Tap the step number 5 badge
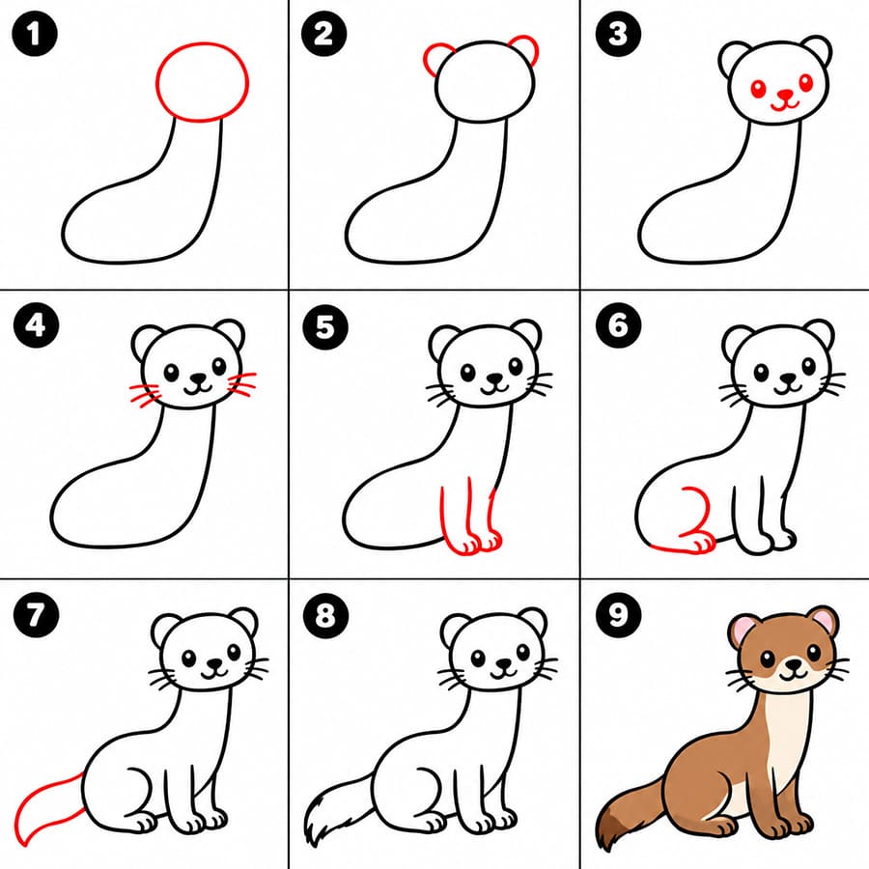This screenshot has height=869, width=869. [325, 326]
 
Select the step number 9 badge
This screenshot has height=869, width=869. [619, 614]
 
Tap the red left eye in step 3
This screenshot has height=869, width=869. [758, 89]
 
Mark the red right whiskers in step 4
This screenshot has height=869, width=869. [242, 384]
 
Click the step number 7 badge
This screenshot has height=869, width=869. [36, 614]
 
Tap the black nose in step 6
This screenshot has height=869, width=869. [788, 379]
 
